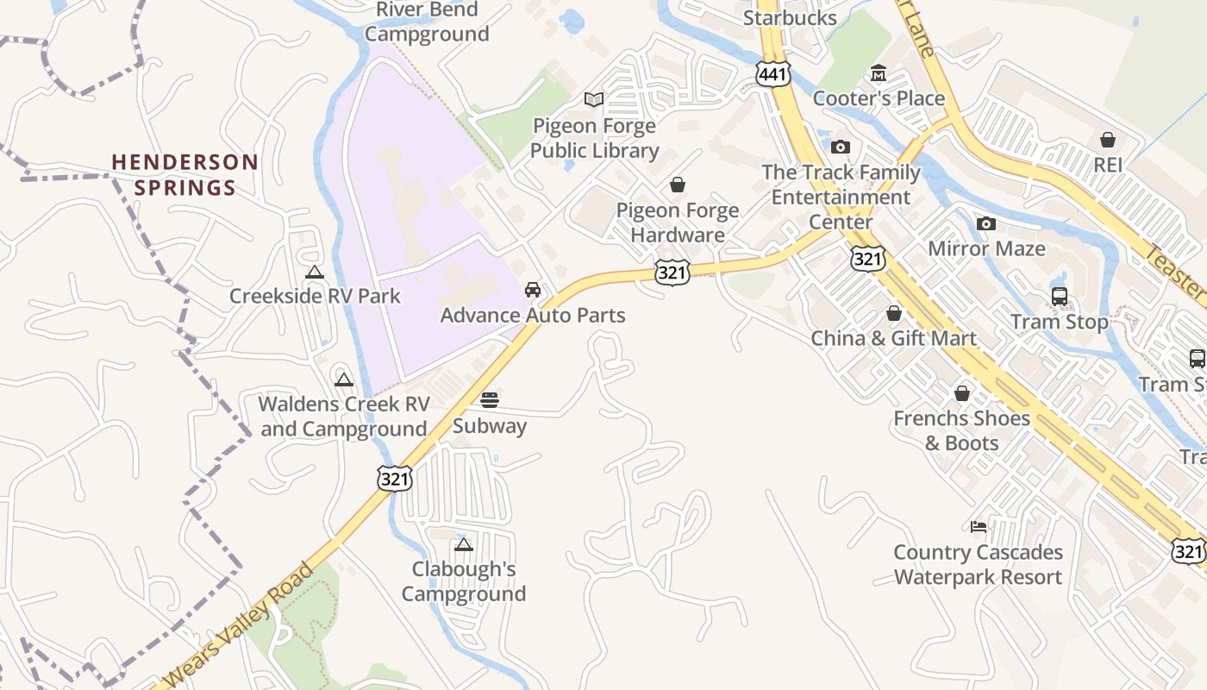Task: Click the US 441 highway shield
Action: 773,75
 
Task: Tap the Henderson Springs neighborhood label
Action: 184,175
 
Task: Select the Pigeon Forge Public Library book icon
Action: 593,99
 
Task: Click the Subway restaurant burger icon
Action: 490,399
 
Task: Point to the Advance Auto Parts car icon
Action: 533,289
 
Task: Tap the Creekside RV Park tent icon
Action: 315,273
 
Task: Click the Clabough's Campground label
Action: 464,581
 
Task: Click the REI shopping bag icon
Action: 1108,140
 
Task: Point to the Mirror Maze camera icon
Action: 986,224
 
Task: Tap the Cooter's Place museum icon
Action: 879,73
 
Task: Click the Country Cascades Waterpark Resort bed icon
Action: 978,527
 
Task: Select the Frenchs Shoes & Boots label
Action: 961,430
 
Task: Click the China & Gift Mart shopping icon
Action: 894,313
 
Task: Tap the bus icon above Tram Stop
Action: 1060,297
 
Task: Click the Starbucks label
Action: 790,18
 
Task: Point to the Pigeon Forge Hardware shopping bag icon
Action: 678,185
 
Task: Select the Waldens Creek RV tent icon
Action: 344,379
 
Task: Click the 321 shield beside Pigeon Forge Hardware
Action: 672,273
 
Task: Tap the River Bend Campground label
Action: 427,22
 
